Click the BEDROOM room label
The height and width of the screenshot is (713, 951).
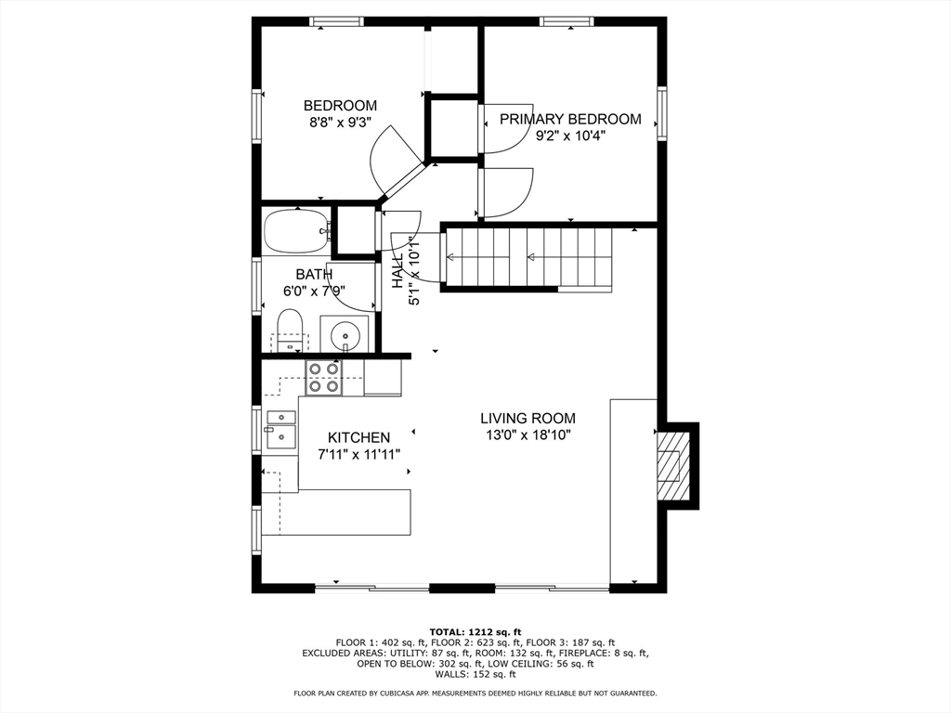tap(340, 106)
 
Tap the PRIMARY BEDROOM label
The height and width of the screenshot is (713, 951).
tap(570, 119)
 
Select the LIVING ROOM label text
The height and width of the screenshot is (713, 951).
tap(528, 419)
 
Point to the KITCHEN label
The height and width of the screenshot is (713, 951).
tap(358, 438)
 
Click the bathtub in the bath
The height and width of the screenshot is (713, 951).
tap(297, 231)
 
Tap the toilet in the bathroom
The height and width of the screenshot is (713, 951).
tap(290, 331)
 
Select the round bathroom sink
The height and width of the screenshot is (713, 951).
tap(345, 333)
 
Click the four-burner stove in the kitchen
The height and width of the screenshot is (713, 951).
tap(323, 377)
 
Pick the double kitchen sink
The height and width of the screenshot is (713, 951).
tap(280, 427)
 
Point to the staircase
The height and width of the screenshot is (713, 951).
tap(528, 257)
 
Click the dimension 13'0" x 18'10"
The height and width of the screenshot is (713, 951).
tap(528, 434)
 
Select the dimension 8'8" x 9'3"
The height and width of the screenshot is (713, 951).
tap(340, 123)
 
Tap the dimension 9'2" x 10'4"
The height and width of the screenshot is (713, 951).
tap(570, 136)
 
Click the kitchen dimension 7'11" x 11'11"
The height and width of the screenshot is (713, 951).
tap(359, 454)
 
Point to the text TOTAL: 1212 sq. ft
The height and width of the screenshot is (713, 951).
tap(475, 632)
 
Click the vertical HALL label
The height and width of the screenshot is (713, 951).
tap(397, 270)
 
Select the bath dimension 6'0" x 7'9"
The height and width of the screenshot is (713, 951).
tap(314, 291)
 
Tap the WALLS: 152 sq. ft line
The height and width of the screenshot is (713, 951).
tap(475, 674)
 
